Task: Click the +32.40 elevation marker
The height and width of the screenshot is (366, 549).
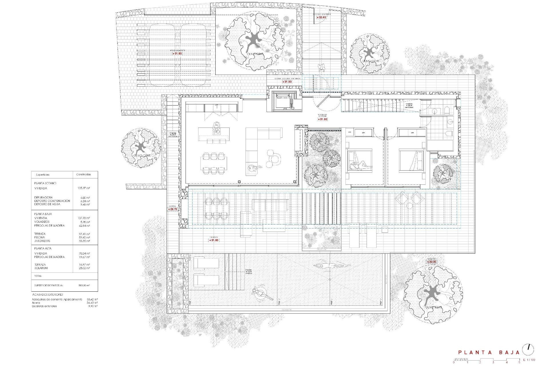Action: click(321, 17)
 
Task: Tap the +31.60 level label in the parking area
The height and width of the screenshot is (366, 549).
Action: click(177, 53)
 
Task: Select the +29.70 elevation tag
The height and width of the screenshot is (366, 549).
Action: click(173, 209)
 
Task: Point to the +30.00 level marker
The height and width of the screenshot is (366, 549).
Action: click(432, 262)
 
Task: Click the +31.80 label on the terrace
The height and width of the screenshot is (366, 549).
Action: click(214, 240)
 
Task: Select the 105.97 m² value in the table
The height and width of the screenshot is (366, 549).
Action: click(84, 188)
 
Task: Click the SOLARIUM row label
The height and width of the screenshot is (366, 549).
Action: click(41, 268)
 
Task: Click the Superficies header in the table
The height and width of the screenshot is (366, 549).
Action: click(43, 174)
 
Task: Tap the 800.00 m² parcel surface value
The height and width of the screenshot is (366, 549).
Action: click(84, 285)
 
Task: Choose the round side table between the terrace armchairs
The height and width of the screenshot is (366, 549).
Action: click(409, 206)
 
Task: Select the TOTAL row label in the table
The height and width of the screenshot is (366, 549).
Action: click(38, 276)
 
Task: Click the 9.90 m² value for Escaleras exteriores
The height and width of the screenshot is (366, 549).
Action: click(94, 306)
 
